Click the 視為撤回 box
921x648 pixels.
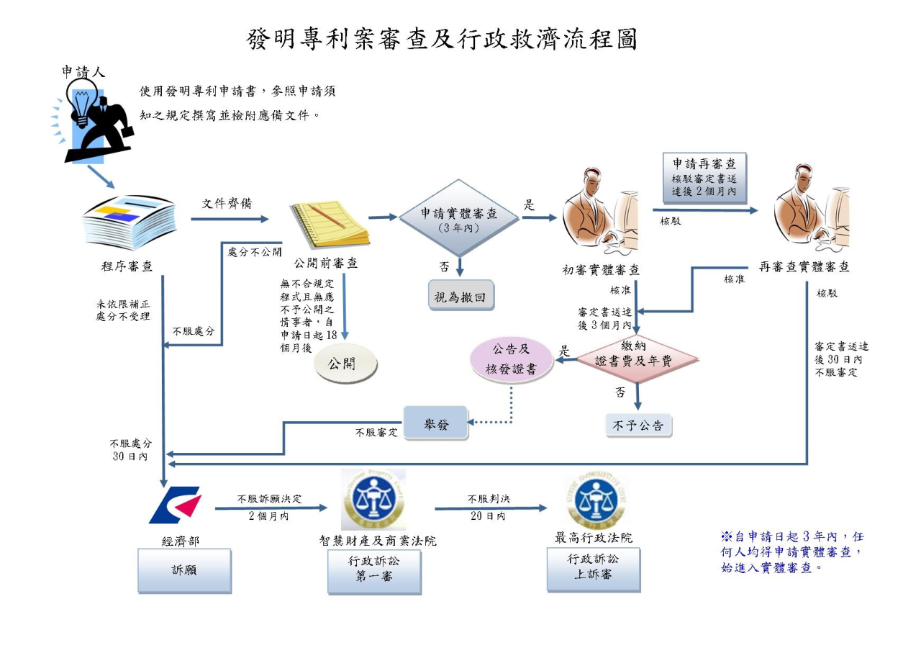click(460, 297)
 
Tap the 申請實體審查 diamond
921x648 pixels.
click(458, 217)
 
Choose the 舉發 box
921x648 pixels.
click(435, 424)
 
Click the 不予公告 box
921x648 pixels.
click(638, 425)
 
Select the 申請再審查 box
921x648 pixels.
click(704, 177)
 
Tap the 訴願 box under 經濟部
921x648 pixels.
click(184, 570)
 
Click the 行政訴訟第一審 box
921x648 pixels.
click(374, 570)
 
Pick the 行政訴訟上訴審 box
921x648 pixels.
click(593, 569)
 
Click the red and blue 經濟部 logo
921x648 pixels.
click(176, 505)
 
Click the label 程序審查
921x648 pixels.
click(127, 266)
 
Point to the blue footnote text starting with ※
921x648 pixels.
click(791, 552)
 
